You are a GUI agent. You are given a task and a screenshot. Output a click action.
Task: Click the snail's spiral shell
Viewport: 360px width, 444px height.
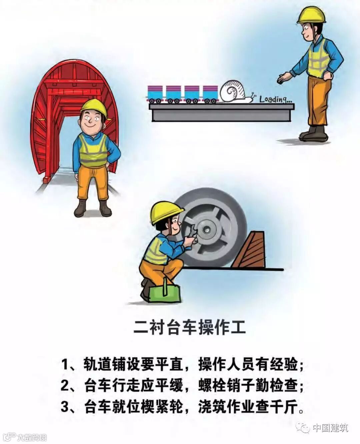[x=232, y=91]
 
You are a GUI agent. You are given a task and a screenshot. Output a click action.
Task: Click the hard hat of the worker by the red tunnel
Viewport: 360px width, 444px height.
[x=94, y=108]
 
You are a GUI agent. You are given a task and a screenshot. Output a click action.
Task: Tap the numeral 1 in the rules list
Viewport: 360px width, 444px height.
[x=65, y=365]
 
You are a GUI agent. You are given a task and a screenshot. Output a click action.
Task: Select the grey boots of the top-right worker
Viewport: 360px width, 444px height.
[x=313, y=133]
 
